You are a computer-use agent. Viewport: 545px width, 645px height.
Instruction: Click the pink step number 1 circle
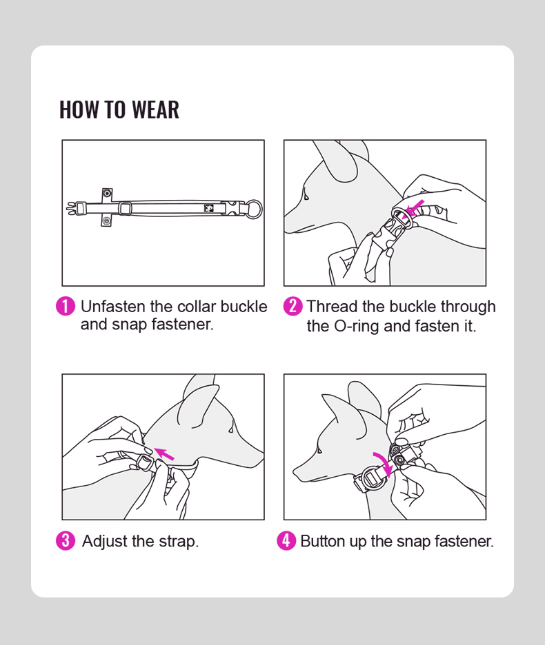66,307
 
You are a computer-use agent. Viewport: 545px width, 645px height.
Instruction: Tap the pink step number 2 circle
293,307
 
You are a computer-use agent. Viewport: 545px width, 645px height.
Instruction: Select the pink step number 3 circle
66,540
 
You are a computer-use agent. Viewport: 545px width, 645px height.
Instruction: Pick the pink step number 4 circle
286,540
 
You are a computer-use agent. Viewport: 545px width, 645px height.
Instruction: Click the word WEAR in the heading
156,110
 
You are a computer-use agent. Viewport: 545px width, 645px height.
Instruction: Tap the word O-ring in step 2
357,326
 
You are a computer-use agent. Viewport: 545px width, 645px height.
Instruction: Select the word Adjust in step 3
105,542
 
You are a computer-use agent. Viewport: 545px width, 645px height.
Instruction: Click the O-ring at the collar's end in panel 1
254,209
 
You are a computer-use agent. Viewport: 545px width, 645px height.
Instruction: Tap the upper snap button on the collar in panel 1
107,193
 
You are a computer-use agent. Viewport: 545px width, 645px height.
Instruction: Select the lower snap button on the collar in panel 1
107,221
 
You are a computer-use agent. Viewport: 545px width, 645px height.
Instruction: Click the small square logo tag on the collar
209,208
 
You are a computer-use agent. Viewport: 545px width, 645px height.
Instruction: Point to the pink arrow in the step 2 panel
413,208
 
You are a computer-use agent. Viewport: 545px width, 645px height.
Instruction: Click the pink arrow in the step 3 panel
164,453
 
